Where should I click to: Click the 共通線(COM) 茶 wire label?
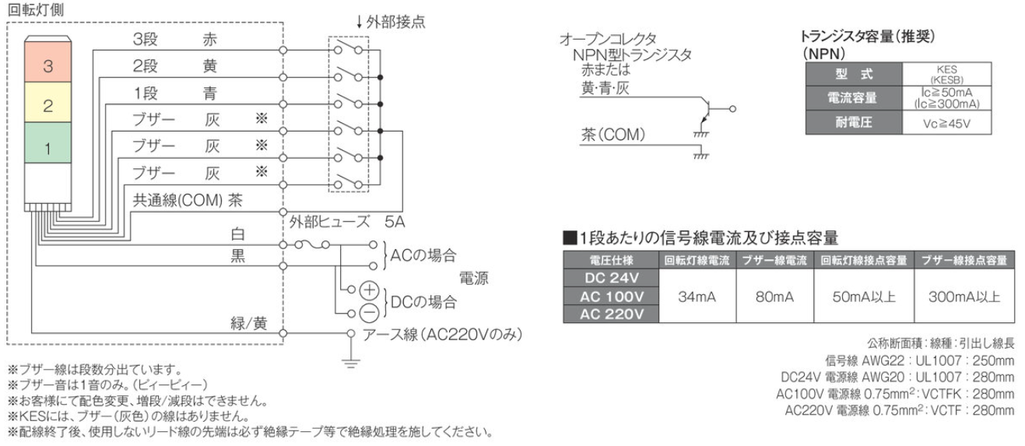(x=188, y=201)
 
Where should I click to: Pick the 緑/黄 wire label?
(x=249, y=323)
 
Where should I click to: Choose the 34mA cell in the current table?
(x=685, y=296)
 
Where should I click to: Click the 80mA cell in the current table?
(x=767, y=296)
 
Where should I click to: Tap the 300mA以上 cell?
(x=964, y=296)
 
